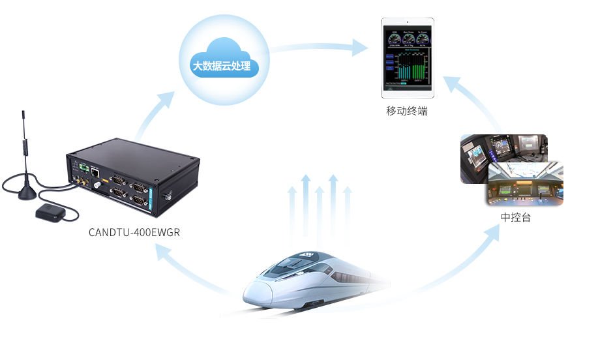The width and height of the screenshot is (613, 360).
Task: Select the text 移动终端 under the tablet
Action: tap(407, 112)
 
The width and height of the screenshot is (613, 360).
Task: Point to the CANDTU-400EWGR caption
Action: tap(134, 233)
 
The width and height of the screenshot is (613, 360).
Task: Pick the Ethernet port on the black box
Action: tap(96, 172)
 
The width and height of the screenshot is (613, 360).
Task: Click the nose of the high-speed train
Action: tap(251, 293)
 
